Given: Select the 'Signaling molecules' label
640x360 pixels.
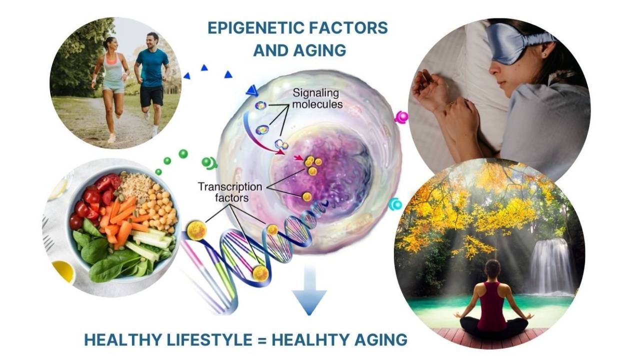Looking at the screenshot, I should point(315,98).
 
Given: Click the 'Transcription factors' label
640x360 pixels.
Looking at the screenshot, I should point(229,192).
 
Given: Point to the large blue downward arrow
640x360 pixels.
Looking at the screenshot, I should point(309,290).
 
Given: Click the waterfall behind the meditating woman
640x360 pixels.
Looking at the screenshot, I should point(550,265).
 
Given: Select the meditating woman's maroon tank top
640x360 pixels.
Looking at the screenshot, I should point(492,305).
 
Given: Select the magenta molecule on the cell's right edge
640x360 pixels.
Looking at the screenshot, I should point(401,117).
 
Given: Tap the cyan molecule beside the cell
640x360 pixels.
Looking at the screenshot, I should point(395,204).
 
